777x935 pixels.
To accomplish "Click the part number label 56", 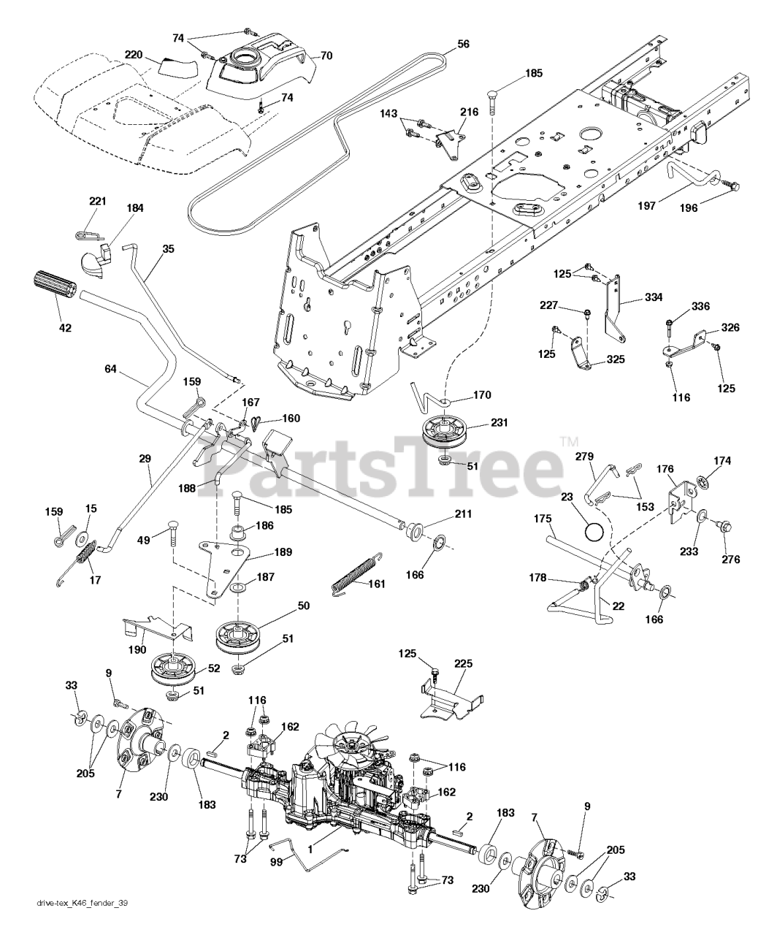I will click(x=463, y=44).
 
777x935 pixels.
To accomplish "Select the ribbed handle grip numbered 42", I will click(x=55, y=283).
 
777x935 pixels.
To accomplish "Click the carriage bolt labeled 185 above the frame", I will click(x=492, y=102).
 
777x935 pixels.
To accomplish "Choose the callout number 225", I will click(x=464, y=664).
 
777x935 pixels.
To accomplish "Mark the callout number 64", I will click(x=110, y=370).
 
